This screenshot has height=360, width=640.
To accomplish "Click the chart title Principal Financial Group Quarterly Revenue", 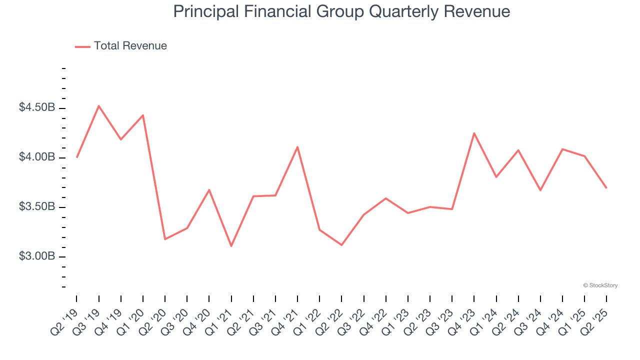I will pos(341,11).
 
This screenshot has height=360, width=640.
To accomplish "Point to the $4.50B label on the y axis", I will pos(37,108).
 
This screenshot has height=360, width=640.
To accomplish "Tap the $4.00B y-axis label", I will pos(37,157).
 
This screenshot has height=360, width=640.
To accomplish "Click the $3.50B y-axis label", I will pos(37,207).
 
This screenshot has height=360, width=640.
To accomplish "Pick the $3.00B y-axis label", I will pos(37,256).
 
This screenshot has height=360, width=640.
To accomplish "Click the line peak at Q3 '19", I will pos(99,106).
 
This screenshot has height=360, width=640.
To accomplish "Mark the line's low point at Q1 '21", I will pos(231,246).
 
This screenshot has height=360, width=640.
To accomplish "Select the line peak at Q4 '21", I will pos(297,147).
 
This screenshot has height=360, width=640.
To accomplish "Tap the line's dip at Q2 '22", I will pos(341,245).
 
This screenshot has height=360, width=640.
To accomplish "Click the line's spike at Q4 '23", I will pos(474,133).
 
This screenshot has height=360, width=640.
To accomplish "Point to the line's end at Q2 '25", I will pos(606,187).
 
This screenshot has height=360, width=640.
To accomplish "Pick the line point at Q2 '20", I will pos(165,239).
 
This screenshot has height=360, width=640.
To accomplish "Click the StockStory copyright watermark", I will pos(600,285).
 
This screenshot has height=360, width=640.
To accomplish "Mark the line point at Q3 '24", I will pos(540,190).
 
